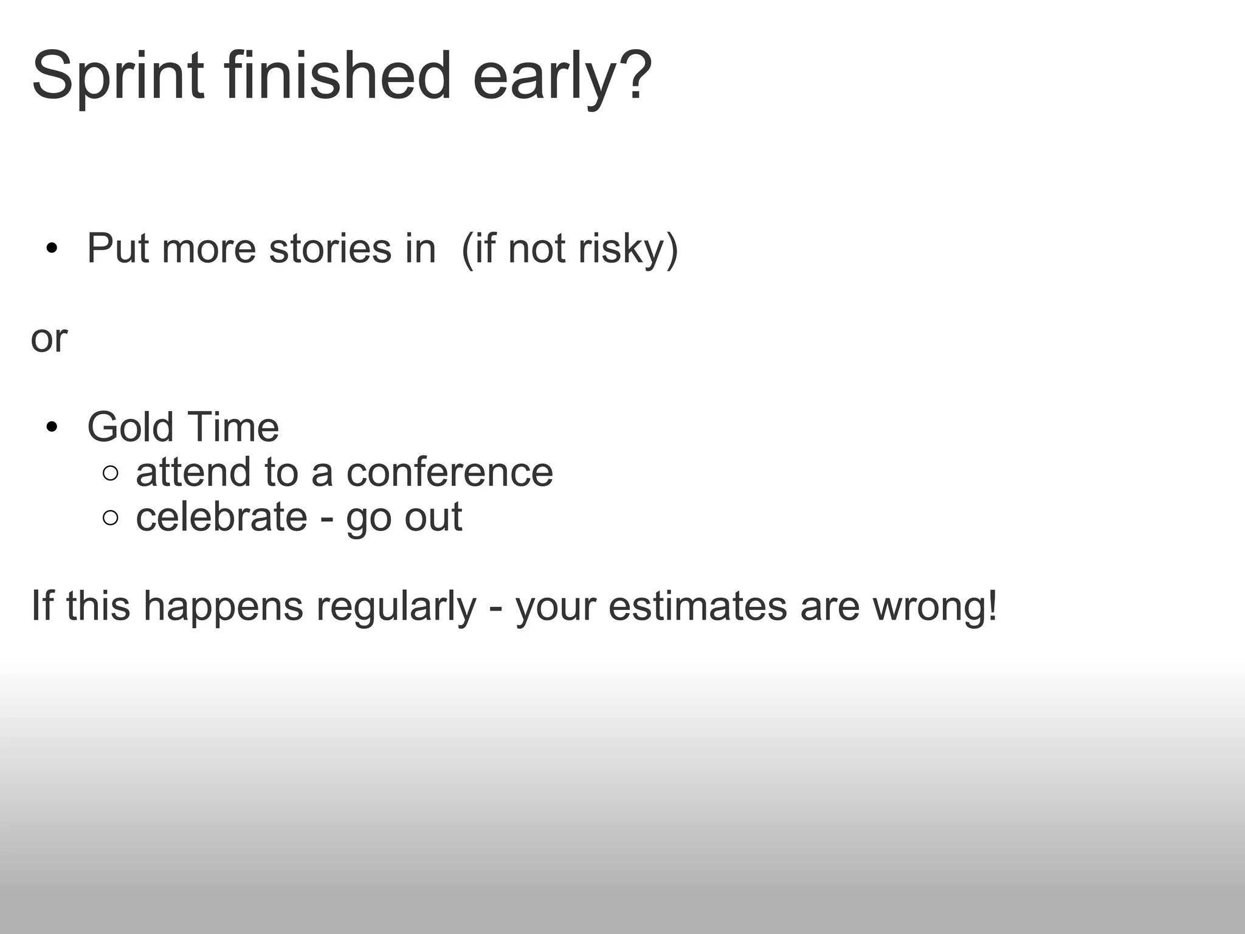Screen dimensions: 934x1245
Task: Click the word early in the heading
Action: (545, 79)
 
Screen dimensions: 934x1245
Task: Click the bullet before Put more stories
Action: (51, 249)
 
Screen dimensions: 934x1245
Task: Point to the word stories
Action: (330, 249)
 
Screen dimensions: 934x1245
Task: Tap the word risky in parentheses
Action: (620, 250)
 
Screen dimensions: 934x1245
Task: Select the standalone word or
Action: (49, 339)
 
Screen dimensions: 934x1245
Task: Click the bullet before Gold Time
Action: (51, 427)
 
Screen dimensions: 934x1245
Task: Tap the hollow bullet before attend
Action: (110, 473)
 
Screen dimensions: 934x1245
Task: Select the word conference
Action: (449, 472)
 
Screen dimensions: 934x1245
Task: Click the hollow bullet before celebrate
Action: (110, 518)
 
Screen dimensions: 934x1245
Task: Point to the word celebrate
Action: (221, 517)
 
